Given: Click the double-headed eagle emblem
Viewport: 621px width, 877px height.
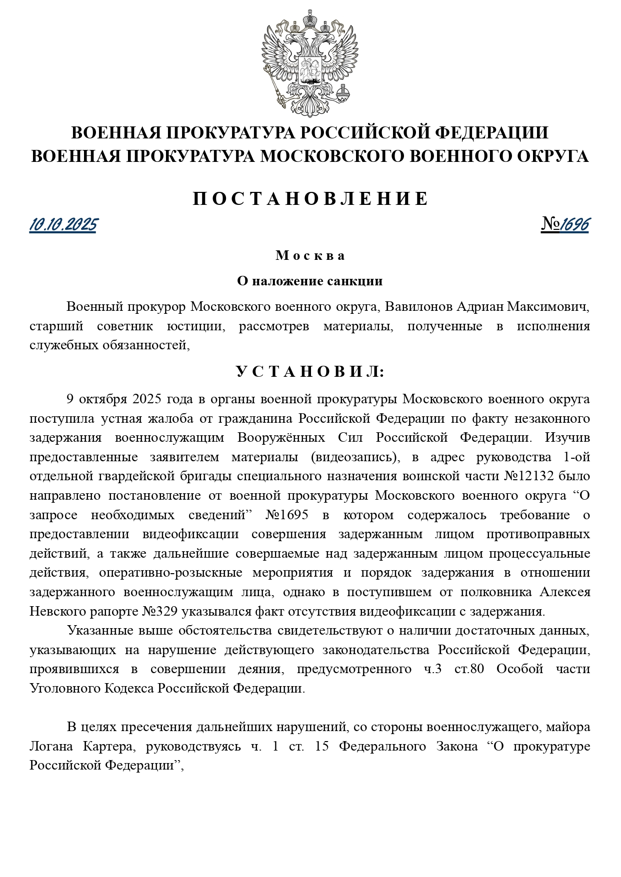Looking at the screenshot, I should coord(310,62).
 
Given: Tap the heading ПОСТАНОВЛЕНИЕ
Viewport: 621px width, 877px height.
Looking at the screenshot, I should coord(310,199).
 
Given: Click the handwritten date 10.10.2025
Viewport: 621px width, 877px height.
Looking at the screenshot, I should coord(63,225).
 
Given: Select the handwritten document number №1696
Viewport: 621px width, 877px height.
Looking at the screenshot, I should coord(565,225).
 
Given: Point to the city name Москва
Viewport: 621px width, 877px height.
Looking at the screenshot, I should coord(310,256).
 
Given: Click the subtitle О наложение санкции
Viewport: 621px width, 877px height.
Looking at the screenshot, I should coord(310,281).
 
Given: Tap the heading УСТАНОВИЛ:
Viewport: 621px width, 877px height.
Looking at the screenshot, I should coord(310,372).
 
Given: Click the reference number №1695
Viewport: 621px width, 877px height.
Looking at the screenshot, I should coord(287,515).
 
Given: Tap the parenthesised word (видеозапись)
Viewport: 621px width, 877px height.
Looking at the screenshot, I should coord(354,457).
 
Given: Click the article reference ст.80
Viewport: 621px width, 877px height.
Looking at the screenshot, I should coord(469,669).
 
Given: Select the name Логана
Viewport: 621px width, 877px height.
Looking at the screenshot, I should coord(51,747).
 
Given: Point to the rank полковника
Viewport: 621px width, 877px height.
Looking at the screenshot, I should coord(493,592).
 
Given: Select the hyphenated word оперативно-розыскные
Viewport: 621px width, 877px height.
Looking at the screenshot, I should coord(170,573).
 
